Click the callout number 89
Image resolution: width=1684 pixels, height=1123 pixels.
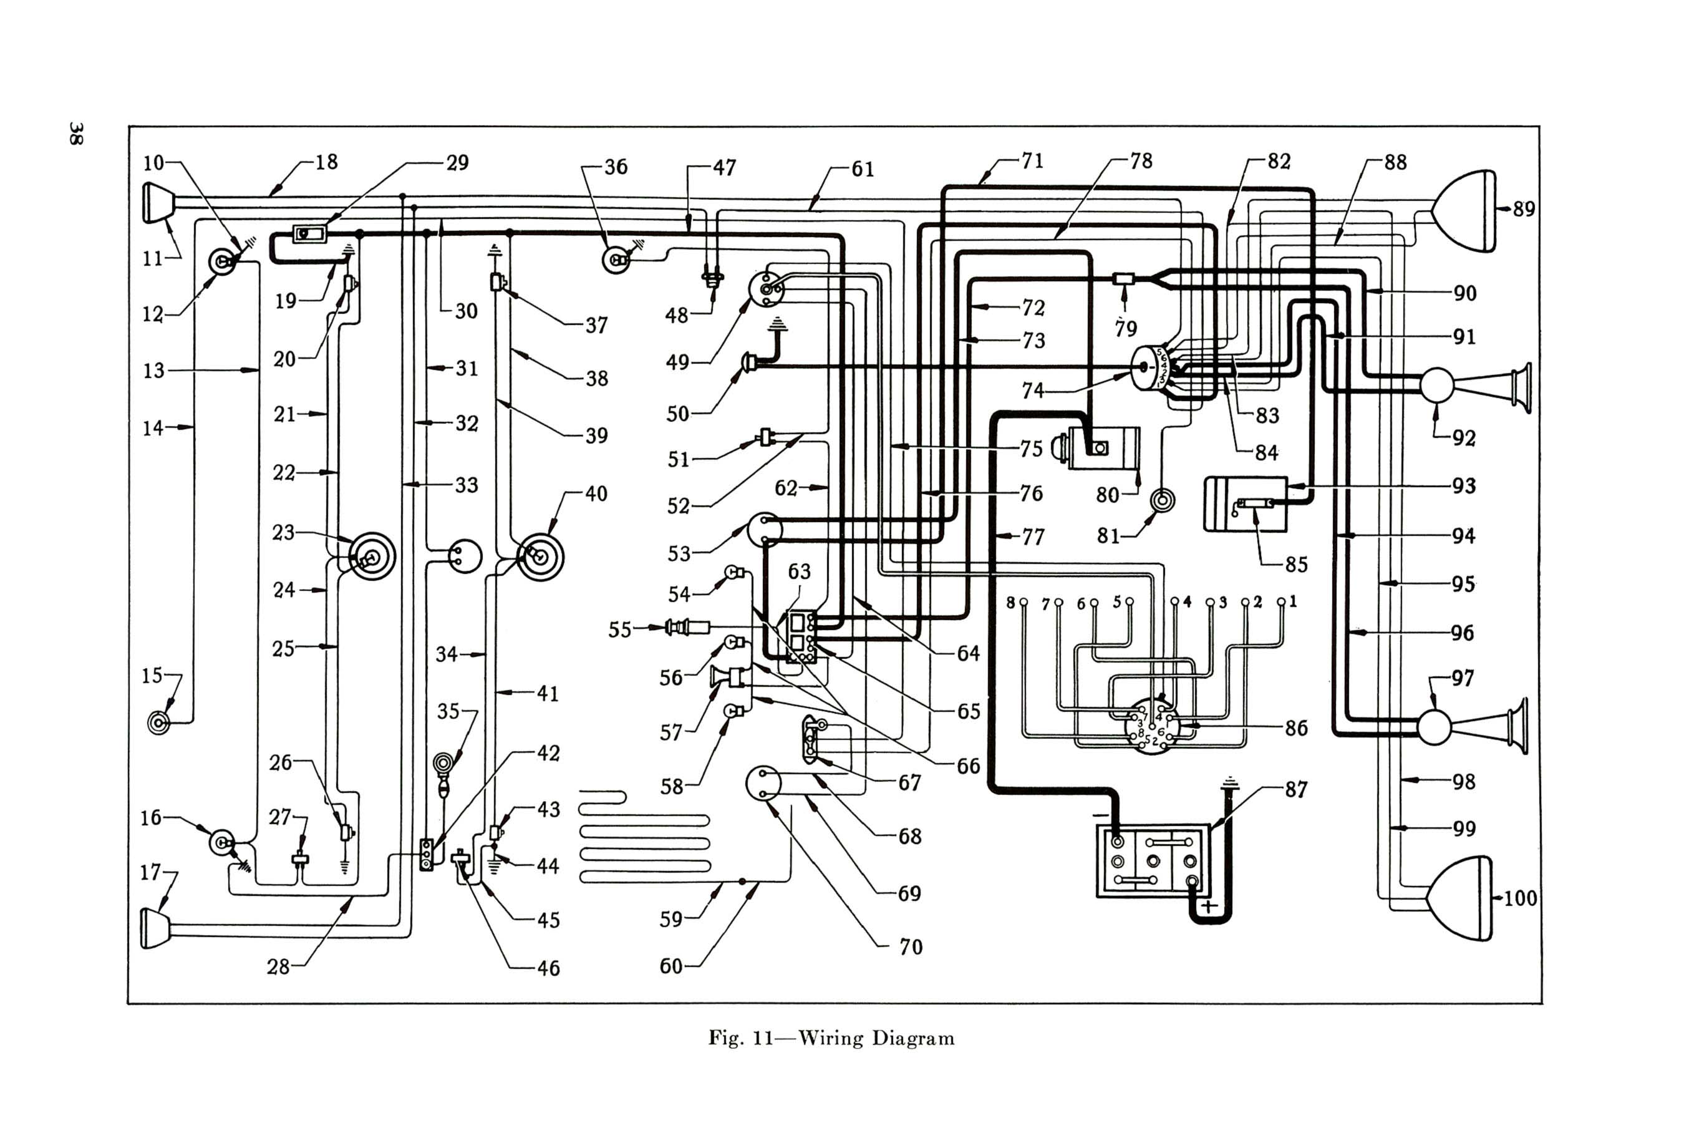[x=1524, y=209]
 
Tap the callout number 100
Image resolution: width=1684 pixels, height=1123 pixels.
[x=1520, y=898]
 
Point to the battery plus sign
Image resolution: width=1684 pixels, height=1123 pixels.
[x=1209, y=907]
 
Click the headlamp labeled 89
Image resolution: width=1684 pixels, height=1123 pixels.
[x=1464, y=211]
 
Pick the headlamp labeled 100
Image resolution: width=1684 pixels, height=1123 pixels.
[x=1461, y=898]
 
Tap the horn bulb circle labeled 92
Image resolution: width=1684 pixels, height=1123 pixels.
[x=1436, y=386]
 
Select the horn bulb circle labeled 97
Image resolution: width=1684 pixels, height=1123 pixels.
[x=1434, y=727]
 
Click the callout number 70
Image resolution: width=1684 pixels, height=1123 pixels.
[x=911, y=947]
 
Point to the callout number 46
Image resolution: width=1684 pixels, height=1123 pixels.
[x=548, y=968]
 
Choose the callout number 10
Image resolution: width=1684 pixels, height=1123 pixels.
[x=153, y=163]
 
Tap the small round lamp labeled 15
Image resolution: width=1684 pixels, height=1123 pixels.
[x=159, y=723]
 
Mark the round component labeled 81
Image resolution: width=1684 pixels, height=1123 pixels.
[x=1161, y=500]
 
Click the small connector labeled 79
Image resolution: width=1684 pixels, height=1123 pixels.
[x=1124, y=279]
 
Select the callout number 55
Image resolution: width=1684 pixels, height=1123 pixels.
[x=620, y=630]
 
